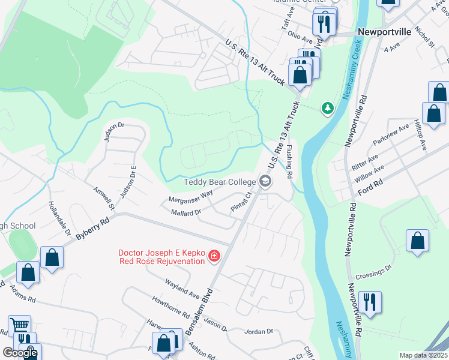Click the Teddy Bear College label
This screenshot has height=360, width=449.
click(x=220, y=182)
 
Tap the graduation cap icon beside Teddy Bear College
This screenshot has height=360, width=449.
click(x=265, y=181)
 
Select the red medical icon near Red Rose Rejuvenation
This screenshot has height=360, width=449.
click(x=214, y=257)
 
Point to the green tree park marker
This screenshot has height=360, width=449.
click(x=327, y=108)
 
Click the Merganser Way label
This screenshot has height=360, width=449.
click(x=191, y=196)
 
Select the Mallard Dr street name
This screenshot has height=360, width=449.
click(x=185, y=212)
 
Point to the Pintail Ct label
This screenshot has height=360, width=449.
click(x=244, y=202)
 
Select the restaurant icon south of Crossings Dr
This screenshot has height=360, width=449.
click(x=369, y=302)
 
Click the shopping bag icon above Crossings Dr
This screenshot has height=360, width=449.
click(x=417, y=240)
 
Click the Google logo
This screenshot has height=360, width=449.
click(x=20, y=353)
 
